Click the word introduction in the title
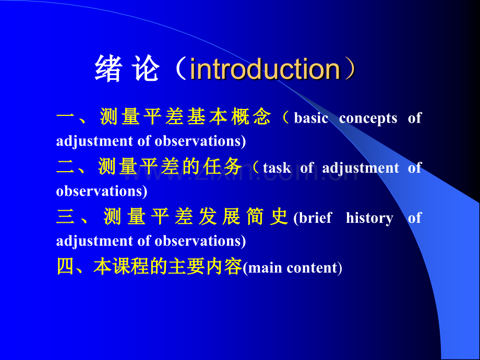tap(265, 69)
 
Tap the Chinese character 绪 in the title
tap(109, 68)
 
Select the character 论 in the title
tap(146, 68)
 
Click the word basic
tap(311, 118)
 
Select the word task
tap(277, 168)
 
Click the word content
tap(312, 268)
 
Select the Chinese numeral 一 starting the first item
tap(66, 117)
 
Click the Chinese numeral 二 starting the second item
tap(66, 166)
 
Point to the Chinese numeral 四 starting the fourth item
tap(66, 266)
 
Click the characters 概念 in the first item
tap(251, 117)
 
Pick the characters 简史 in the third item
tap(267, 216)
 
